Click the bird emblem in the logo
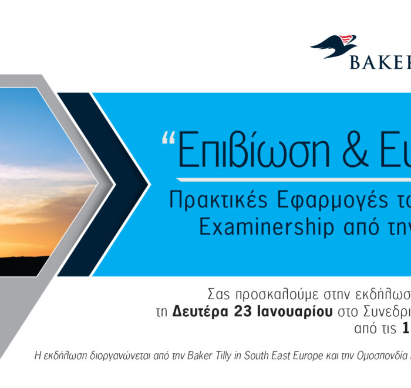coord(334,46)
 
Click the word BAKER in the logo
coord(380,62)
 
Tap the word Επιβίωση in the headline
coord(254,149)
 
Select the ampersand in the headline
coord(356,150)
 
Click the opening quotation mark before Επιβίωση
coord(169,138)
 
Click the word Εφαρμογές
coord(332,201)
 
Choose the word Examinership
coord(267,227)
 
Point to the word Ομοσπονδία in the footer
coord(383,356)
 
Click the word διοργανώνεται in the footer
coord(120,356)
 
